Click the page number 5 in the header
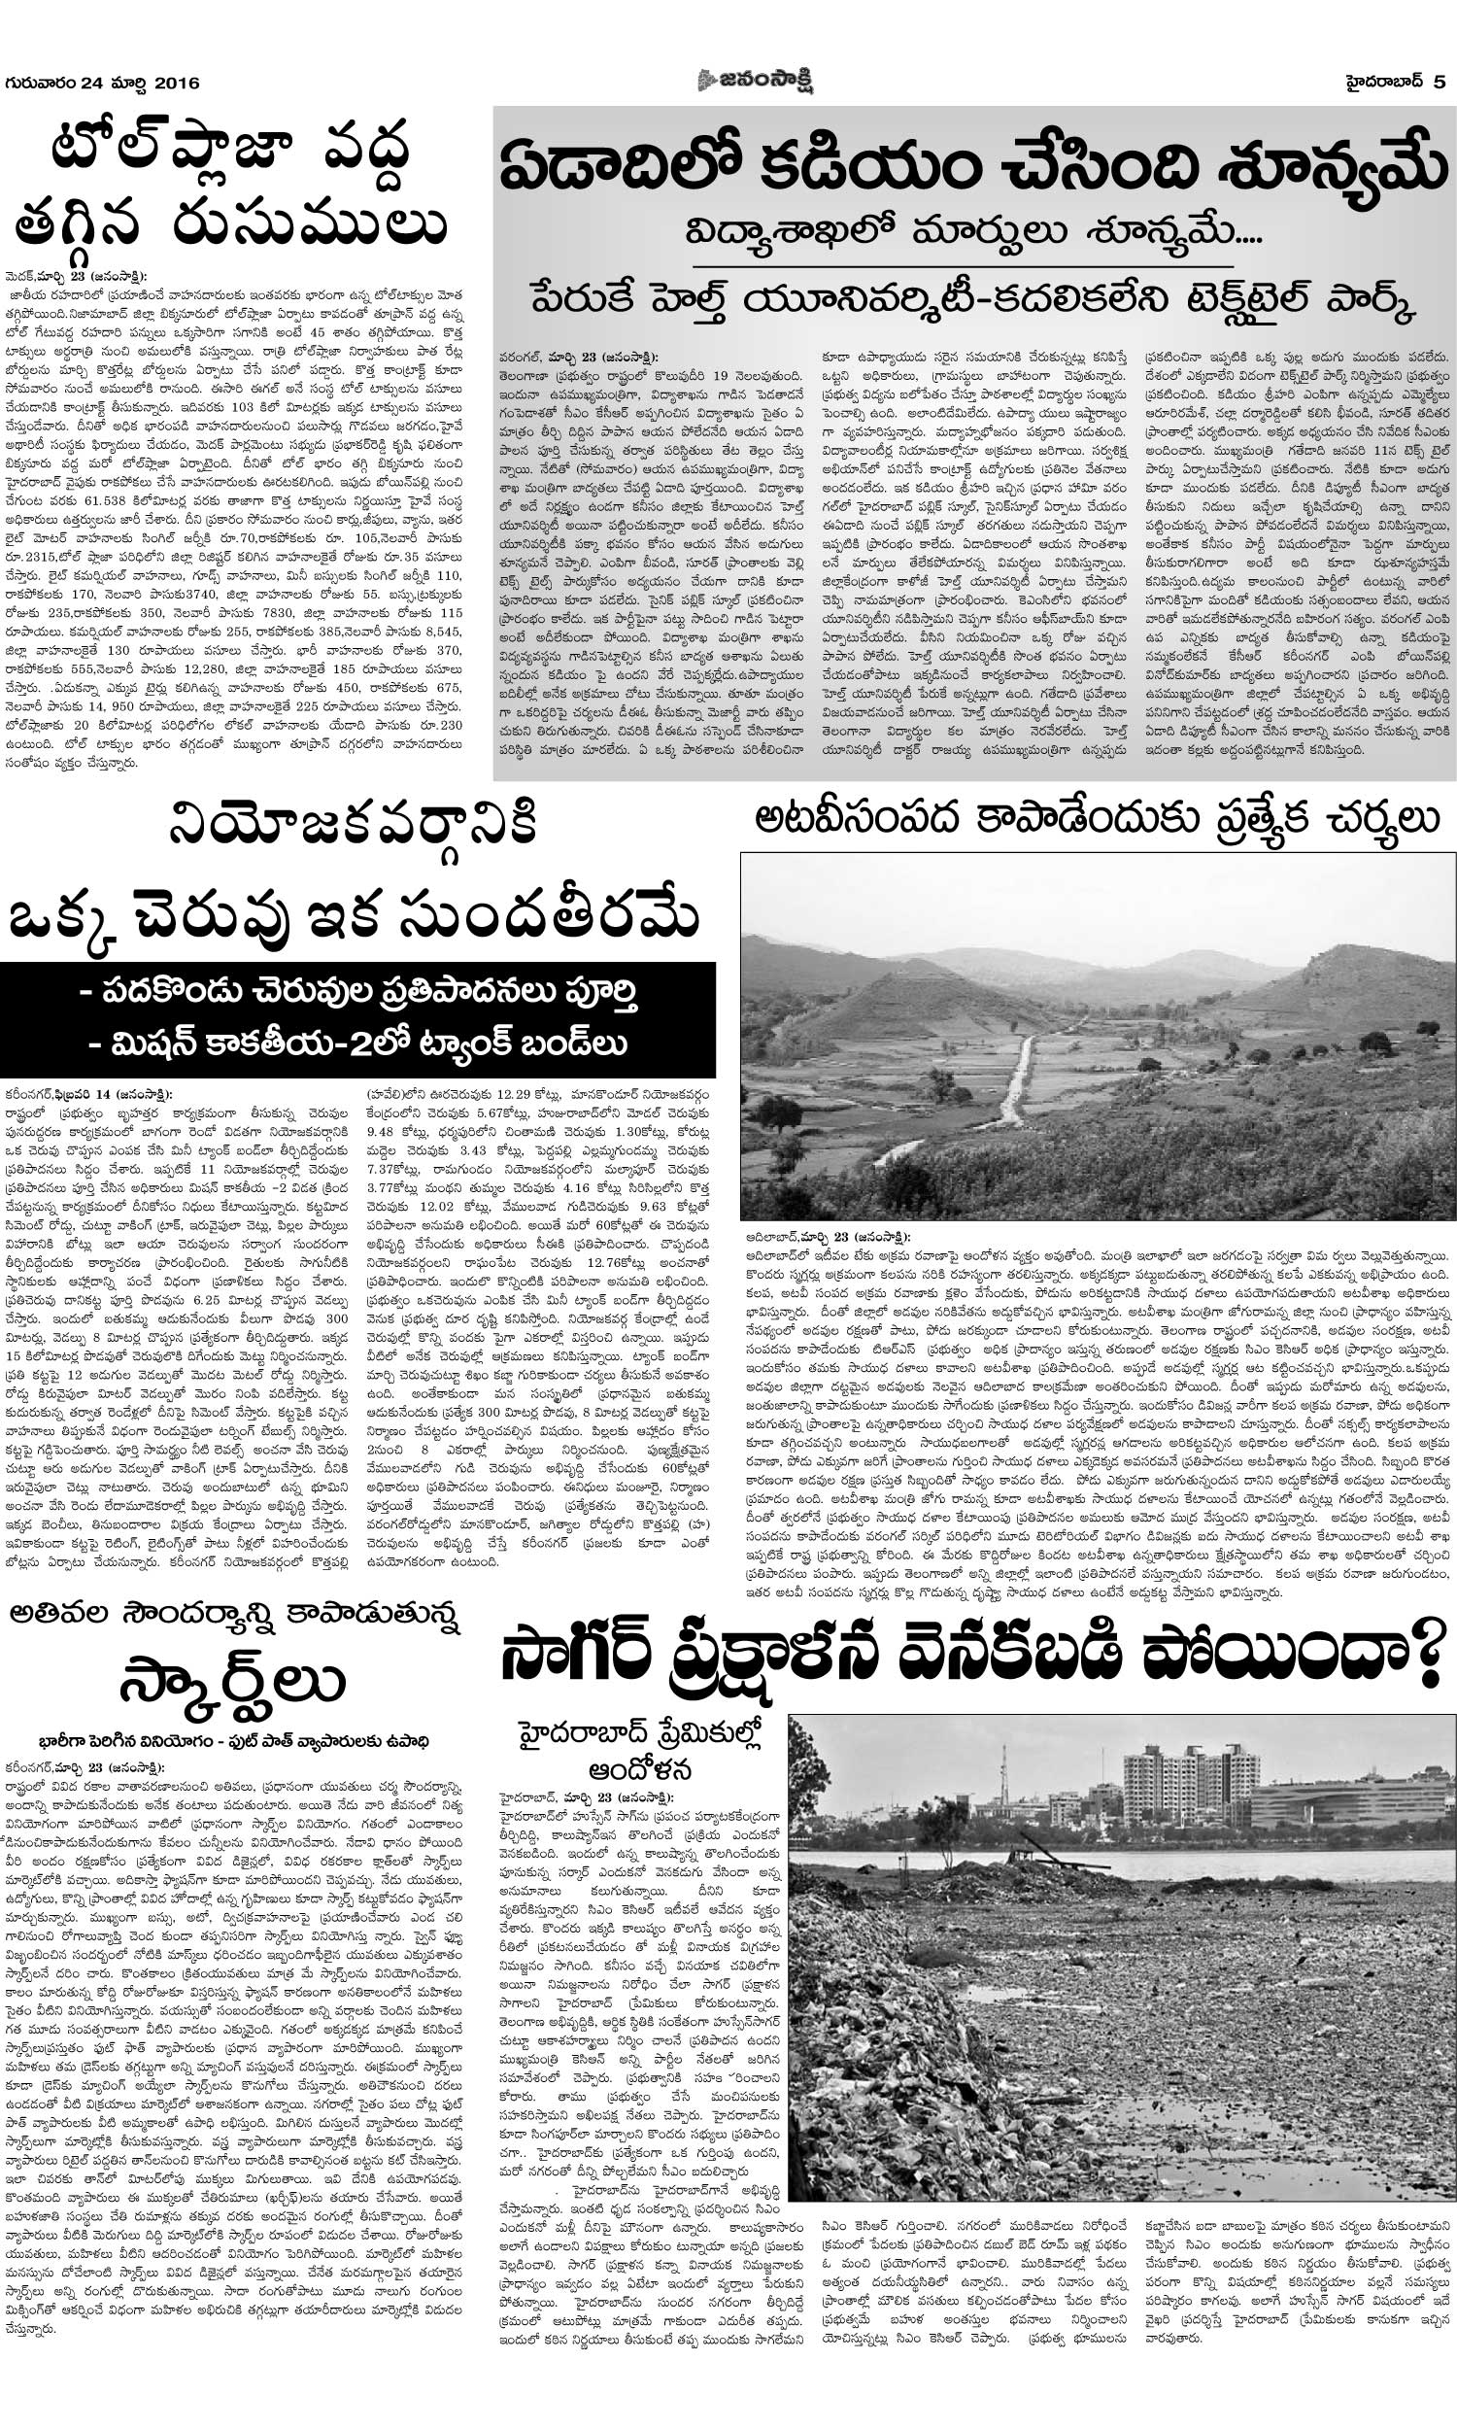(1439, 83)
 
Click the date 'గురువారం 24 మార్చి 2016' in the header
(103, 83)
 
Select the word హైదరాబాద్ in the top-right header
(1384, 83)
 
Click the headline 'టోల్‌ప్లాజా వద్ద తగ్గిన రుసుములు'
(231, 188)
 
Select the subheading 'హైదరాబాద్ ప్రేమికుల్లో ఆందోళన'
(641, 1751)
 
